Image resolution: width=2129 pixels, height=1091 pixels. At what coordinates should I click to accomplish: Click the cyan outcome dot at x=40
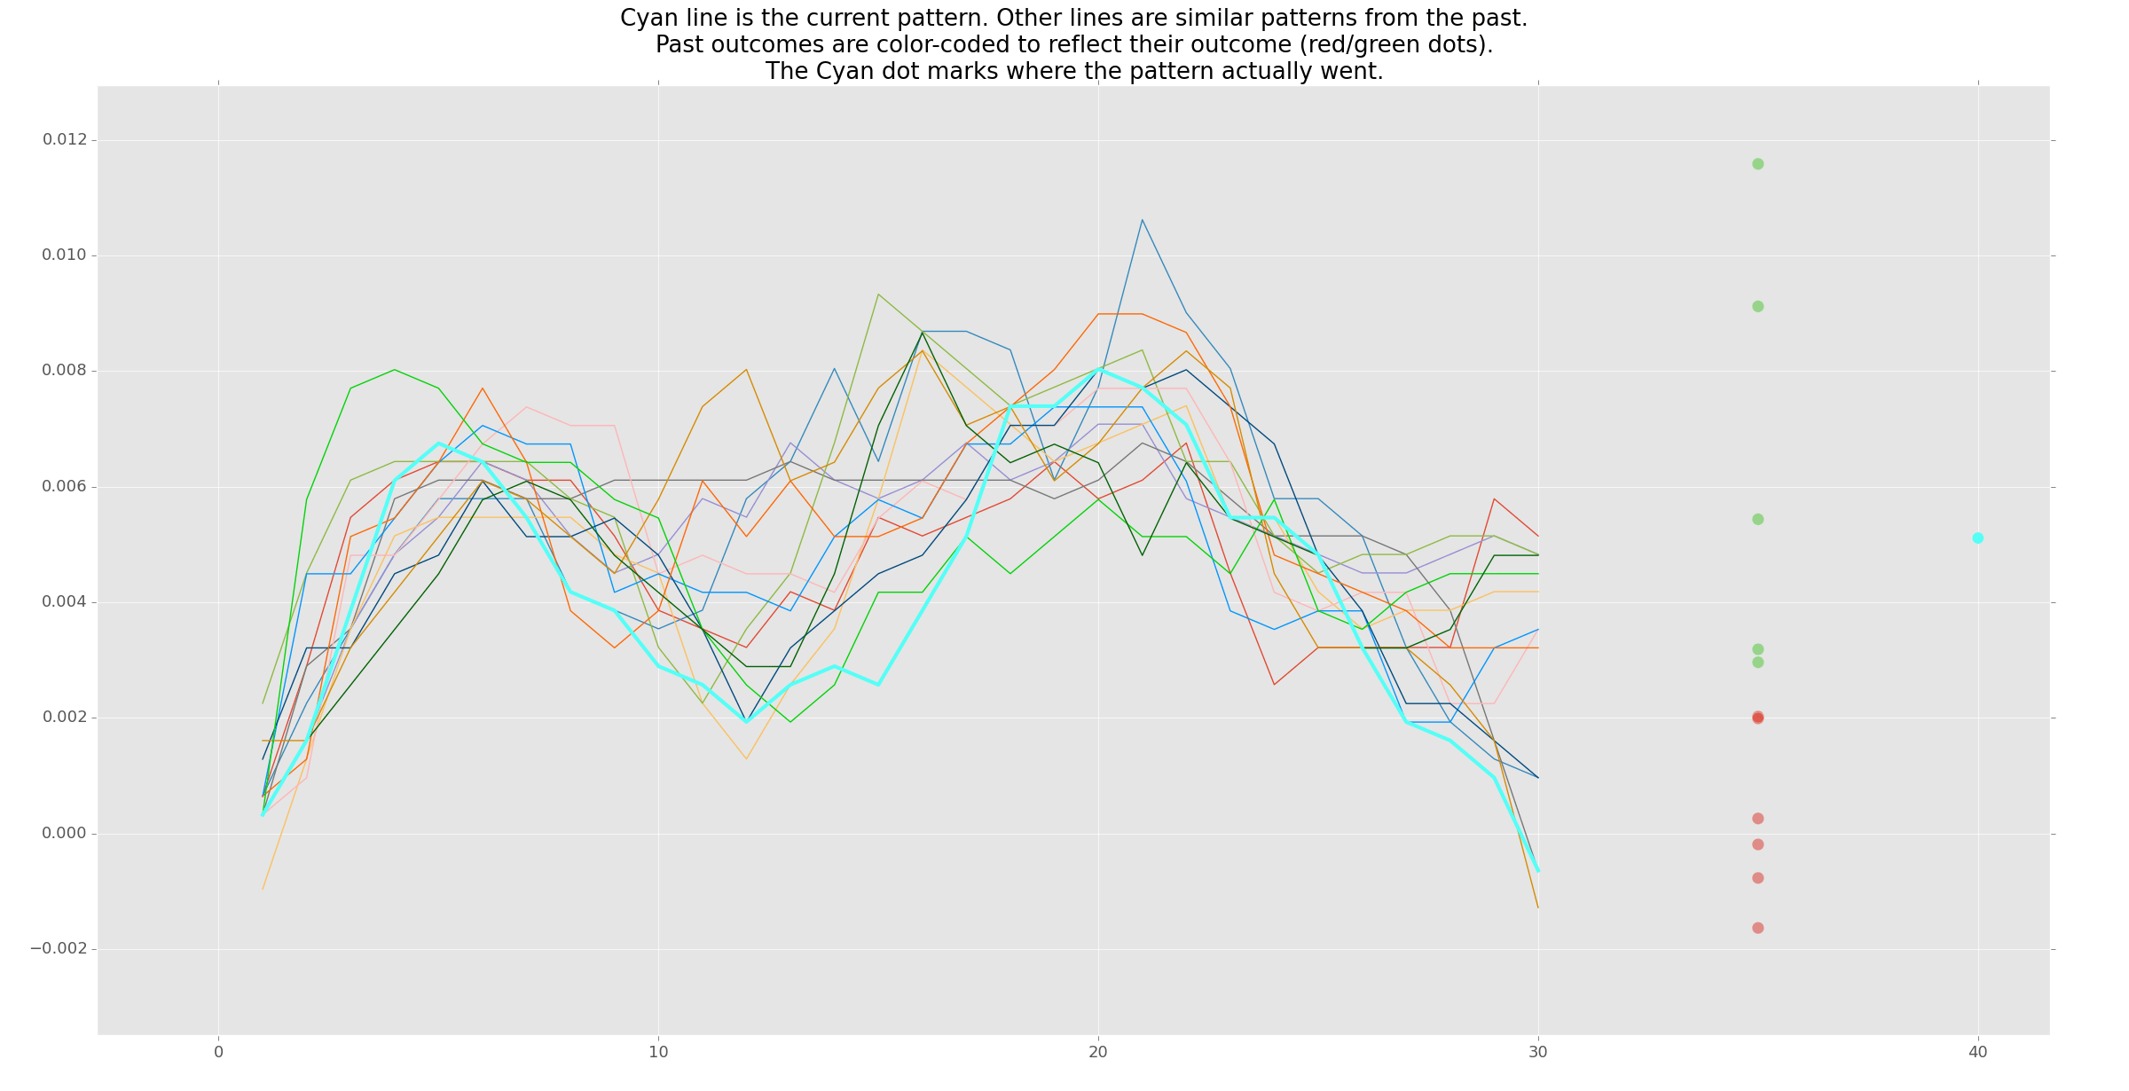click(1977, 538)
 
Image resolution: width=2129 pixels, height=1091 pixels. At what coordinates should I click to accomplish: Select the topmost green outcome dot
click(1757, 164)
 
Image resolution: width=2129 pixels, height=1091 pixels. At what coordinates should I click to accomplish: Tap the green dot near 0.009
click(1757, 306)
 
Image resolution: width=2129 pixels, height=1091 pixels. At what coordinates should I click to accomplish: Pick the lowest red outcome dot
click(1757, 928)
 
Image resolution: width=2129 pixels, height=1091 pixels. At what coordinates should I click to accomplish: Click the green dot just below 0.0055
click(1757, 519)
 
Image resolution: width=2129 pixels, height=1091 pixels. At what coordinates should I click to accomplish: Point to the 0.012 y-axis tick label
click(65, 140)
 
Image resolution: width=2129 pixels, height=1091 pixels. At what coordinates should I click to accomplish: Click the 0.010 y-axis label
click(65, 255)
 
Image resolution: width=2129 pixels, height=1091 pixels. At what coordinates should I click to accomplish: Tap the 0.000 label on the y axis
click(65, 834)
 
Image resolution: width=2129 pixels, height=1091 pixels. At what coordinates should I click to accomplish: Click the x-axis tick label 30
click(1538, 1053)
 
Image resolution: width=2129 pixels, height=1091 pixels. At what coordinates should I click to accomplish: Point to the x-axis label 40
click(1977, 1053)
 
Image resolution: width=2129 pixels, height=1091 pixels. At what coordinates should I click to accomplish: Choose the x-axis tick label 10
click(658, 1053)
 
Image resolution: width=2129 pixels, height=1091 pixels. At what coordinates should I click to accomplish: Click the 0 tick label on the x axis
click(218, 1053)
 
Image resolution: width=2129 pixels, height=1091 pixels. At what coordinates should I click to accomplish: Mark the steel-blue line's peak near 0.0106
click(1142, 219)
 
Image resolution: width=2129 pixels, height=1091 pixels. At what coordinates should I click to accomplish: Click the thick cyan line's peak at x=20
click(1098, 368)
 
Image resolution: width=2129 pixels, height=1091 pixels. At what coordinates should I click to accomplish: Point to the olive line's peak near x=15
click(878, 294)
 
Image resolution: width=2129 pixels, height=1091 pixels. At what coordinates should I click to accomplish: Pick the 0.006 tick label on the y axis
click(65, 487)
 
